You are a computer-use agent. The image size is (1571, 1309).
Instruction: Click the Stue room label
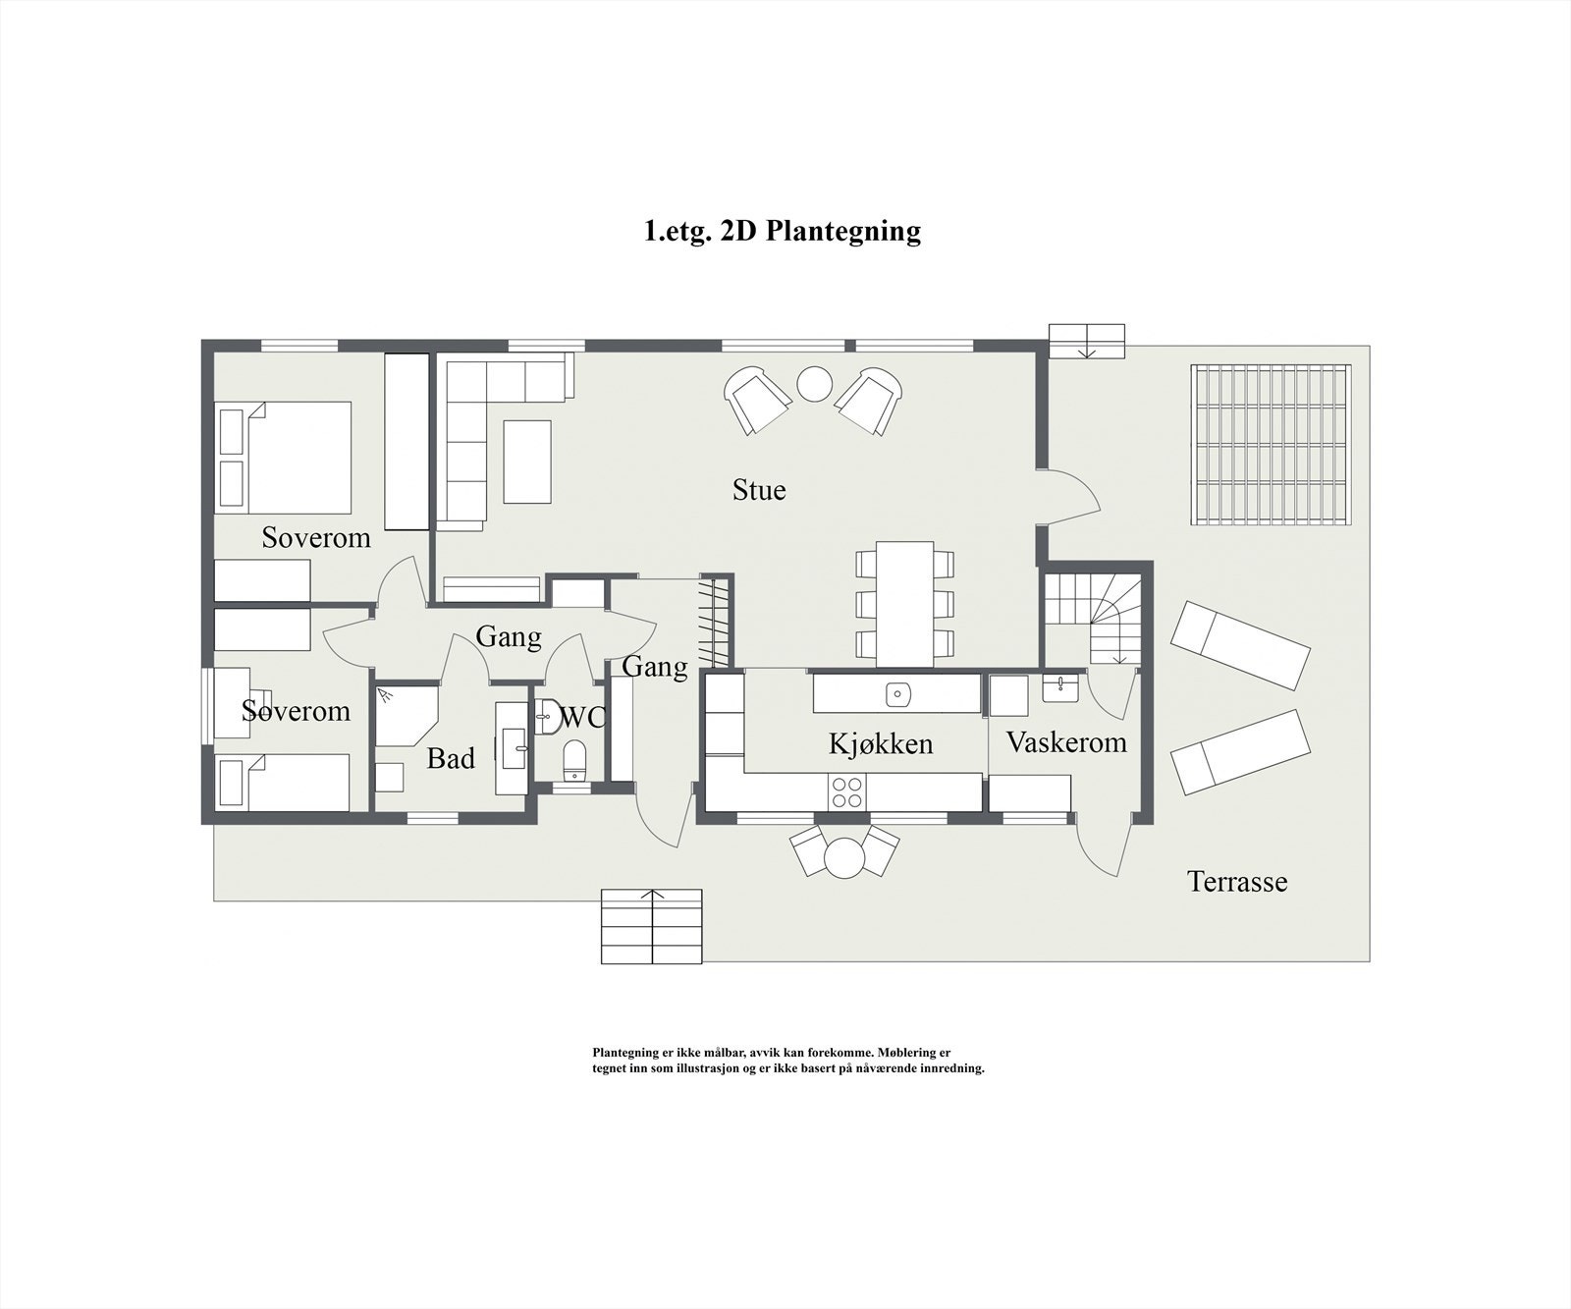[759, 490]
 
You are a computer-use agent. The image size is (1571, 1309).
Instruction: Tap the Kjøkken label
[881, 743]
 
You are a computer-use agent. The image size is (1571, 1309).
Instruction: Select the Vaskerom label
[1066, 741]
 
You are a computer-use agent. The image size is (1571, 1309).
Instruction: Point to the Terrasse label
[1237, 881]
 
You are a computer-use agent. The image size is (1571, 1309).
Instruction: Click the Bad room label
[451, 758]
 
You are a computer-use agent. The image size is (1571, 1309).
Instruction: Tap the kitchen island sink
[897, 694]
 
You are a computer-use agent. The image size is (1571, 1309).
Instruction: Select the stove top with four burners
[847, 791]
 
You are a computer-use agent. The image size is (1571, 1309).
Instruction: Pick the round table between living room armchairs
[815, 384]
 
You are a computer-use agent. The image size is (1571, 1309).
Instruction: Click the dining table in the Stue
[904, 602]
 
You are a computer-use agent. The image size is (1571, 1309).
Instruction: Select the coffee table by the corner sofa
[527, 462]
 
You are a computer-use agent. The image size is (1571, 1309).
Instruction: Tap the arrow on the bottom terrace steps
[654, 896]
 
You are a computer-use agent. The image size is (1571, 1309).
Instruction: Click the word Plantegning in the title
[843, 231]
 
